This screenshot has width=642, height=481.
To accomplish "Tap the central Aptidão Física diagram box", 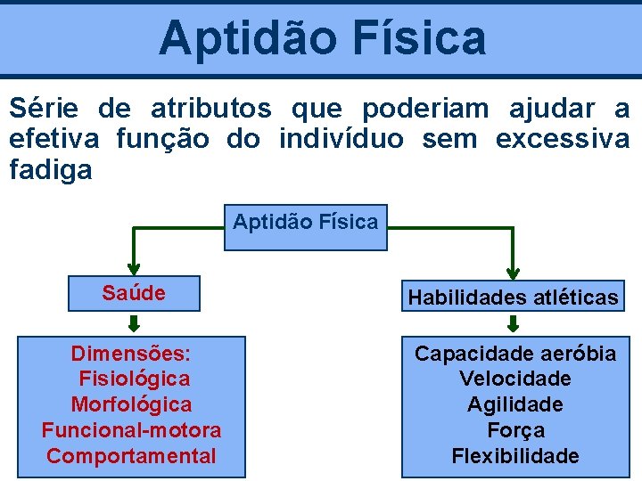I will (x=305, y=222).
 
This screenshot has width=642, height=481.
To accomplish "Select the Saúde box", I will (x=134, y=293).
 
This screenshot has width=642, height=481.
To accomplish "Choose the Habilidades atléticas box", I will (x=513, y=297).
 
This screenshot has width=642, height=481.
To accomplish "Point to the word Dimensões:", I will (x=131, y=354).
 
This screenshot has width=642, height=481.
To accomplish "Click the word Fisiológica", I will (x=134, y=379).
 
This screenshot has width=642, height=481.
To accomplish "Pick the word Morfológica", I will (x=131, y=404).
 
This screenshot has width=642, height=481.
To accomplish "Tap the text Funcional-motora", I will (x=131, y=430).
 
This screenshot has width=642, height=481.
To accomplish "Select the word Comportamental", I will (x=131, y=456).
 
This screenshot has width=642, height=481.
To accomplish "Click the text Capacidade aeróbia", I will (x=515, y=354).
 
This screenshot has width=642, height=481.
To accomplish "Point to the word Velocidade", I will (x=515, y=379).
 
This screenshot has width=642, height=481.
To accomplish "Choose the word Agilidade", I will (x=515, y=404).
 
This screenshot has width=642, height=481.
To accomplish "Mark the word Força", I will (x=515, y=430).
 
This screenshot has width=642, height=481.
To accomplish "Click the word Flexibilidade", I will (x=515, y=456).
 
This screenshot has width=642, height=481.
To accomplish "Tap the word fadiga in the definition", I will (x=51, y=169).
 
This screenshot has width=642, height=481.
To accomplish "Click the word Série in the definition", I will (x=43, y=109).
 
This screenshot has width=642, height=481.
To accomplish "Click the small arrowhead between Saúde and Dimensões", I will (x=135, y=323).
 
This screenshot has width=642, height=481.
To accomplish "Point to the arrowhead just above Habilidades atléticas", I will (x=514, y=272).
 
